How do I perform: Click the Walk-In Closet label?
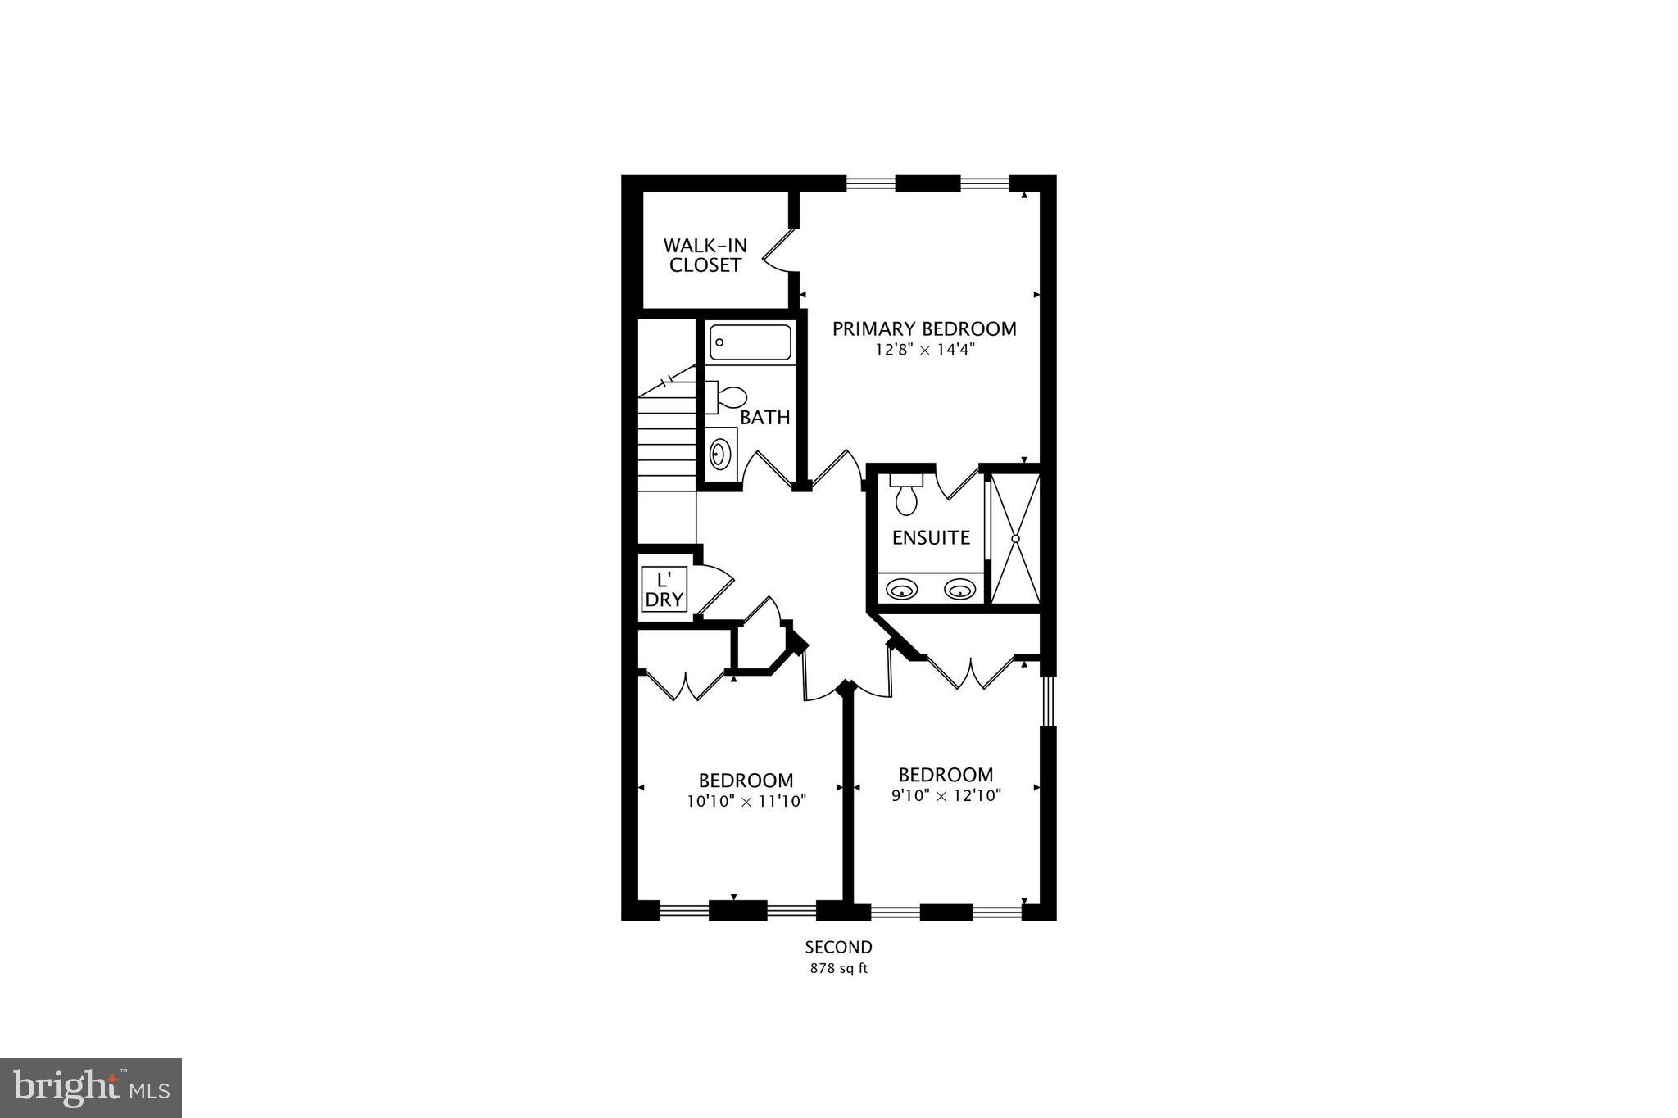tap(705, 255)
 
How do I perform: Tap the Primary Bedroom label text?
tap(924, 329)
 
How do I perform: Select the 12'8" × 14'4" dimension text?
tap(924, 350)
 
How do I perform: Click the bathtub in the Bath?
tap(751, 342)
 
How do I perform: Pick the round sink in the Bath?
tap(720, 453)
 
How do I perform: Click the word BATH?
tap(764, 418)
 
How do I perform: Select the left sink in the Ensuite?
tap(901, 588)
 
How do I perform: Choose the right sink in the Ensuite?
tap(959, 588)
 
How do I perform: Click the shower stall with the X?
tap(1015, 538)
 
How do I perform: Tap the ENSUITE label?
tap(931, 538)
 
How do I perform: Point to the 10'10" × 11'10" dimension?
tap(746, 801)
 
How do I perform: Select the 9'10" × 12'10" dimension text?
tap(946, 795)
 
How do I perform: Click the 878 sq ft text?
tap(838, 969)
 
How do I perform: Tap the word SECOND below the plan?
tap(838, 948)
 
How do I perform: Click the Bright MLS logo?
tap(91, 1088)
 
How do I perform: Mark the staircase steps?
tap(667, 442)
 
